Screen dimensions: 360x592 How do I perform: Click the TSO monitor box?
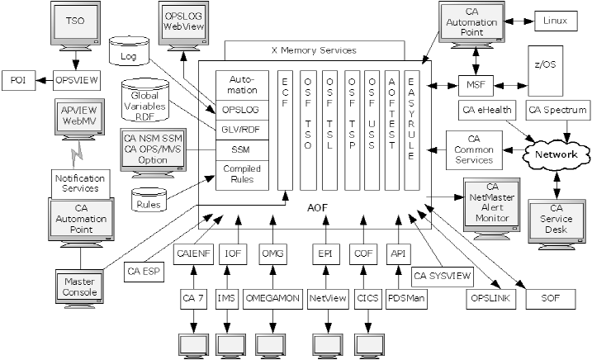(74, 21)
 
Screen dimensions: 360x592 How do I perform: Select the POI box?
(17, 80)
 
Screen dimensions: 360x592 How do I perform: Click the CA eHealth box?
(486, 110)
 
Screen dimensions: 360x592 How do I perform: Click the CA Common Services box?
(474, 149)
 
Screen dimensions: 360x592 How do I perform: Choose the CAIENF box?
(192, 253)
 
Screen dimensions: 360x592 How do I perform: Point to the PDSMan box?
(405, 296)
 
